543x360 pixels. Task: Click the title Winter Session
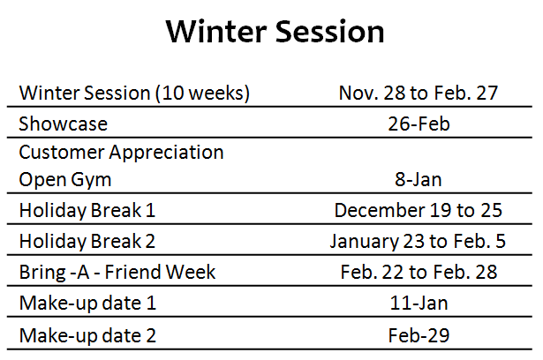(x=275, y=32)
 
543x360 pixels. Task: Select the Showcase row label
(x=63, y=124)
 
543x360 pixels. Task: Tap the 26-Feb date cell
(x=419, y=124)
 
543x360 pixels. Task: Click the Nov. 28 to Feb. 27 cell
(x=419, y=93)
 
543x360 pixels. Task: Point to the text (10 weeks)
(x=202, y=94)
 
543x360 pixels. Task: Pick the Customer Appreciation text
(x=121, y=153)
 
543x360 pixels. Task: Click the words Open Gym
(x=65, y=180)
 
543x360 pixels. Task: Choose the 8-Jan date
(x=419, y=179)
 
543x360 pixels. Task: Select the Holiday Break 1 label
(x=87, y=211)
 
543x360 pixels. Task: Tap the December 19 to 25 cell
(x=419, y=210)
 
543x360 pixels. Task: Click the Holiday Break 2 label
(x=87, y=241)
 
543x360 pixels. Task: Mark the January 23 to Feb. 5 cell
(x=418, y=241)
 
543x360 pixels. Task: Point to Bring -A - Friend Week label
(x=117, y=272)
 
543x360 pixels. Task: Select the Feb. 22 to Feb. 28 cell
(x=419, y=272)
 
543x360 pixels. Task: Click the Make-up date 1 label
(x=87, y=304)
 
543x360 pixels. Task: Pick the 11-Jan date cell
(x=419, y=303)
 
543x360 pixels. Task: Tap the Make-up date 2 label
(x=87, y=335)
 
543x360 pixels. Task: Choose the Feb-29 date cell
(x=419, y=335)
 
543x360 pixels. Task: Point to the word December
(x=380, y=210)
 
